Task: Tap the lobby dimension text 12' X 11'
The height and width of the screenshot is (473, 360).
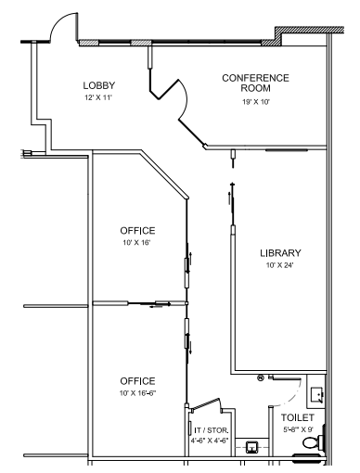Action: click(x=97, y=97)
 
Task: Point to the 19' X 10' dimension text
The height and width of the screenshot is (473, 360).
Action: click(x=255, y=102)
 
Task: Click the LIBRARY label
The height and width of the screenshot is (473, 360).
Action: click(x=280, y=252)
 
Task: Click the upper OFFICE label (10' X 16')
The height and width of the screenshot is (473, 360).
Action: click(x=137, y=230)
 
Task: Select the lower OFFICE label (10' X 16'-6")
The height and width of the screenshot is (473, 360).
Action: click(x=137, y=381)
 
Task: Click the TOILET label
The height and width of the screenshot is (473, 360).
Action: click(x=299, y=418)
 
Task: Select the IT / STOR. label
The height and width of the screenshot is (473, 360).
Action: click(x=212, y=430)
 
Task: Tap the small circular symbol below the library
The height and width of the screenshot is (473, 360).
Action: click(x=261, y=377)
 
